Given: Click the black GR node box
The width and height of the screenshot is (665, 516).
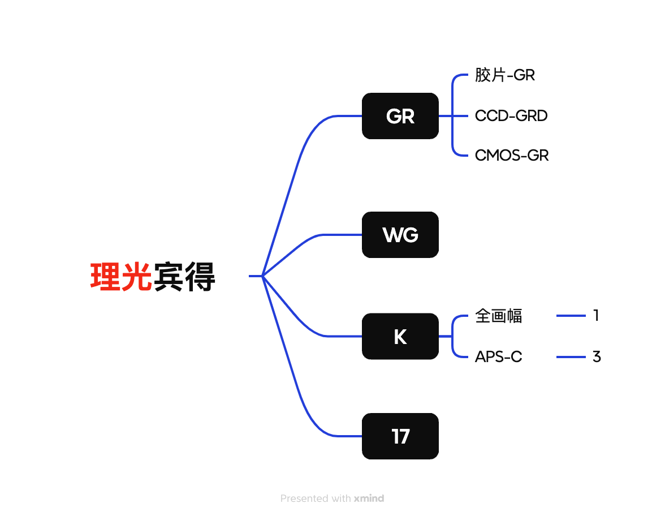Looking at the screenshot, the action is pos(400,116).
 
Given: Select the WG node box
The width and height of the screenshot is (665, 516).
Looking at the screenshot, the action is pos(400,235).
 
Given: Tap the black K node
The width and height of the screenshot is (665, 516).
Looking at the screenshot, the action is pos(400,336).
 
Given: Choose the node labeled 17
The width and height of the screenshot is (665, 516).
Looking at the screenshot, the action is pos(400,436).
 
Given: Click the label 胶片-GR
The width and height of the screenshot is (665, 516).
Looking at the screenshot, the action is pos(504,75).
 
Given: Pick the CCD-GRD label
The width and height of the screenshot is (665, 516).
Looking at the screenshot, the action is pos(511,115).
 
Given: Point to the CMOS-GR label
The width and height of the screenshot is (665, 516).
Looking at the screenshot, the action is pos(511,155).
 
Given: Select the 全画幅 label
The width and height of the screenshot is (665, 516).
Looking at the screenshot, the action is pos(498,316).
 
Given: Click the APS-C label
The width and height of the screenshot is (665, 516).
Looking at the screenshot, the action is pos(498,357).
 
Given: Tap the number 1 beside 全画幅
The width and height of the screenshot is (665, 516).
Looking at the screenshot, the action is pos(596,315).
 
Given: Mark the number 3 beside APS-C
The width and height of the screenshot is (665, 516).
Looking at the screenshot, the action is pos(596,356).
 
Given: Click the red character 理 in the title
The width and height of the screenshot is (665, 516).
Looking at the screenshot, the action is pos(105,277).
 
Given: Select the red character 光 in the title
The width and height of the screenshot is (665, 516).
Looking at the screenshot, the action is pos(137,277).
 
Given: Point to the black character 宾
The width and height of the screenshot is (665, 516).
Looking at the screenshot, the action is pos(169,277).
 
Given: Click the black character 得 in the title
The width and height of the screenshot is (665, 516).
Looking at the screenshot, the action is pos(200,277).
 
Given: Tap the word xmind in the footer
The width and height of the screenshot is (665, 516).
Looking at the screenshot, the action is pos(369,498).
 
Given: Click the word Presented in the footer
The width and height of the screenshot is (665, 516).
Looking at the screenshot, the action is pos(305,498).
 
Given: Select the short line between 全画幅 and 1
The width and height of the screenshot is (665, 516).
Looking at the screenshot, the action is pos(571,316).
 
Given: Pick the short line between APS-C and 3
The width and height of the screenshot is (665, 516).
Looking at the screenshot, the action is pos(571,357).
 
